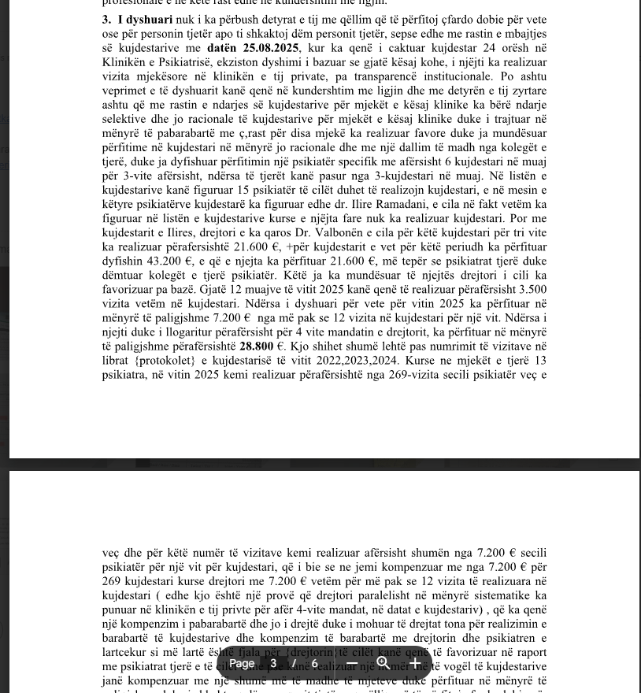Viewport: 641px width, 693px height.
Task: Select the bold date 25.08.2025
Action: [270, 48]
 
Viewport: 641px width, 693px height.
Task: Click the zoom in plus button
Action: [415, 664]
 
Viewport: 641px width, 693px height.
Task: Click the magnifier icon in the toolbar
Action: [383, 664]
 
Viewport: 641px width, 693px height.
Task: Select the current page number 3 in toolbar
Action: [273, 664]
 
